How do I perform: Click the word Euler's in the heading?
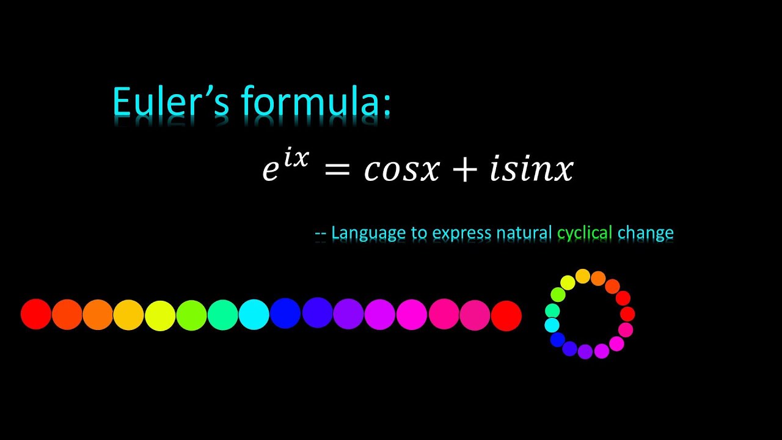pos(171,101)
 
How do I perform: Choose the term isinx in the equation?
pos(532,170)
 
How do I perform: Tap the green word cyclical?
pos(585,233)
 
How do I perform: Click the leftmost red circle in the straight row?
pos(36,314)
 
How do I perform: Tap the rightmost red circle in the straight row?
pos(506,315)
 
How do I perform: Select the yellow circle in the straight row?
pos(160,315)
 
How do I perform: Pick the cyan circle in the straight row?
pos(254,315)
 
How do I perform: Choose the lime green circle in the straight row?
pos(191,315)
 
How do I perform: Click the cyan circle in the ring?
pos(552,325)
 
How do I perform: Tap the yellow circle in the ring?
pos(568,282)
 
